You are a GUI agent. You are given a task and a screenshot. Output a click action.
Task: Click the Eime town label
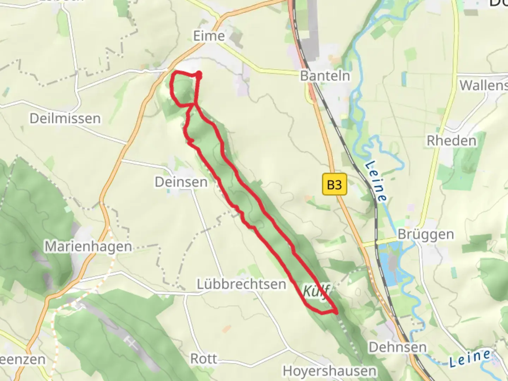coord(209,36)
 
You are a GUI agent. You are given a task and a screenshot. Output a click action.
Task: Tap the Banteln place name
coord(325,76)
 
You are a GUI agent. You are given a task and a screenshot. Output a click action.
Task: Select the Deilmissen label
coord(65,119)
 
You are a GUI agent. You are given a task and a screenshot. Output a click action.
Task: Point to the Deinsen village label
coord(181,182)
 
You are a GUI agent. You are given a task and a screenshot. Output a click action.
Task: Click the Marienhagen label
coord(88,246)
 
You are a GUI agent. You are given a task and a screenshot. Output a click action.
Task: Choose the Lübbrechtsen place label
coord(241,284)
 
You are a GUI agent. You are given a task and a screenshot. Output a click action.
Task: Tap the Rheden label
coord(451,141)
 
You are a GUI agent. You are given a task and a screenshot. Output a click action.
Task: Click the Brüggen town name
coord(425,234)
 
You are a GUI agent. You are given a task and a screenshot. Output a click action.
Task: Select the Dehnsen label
coord(398,347)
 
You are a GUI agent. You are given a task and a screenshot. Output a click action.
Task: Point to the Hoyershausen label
coord(329,371)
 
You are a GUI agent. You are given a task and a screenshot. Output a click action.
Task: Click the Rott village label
coord(204,359)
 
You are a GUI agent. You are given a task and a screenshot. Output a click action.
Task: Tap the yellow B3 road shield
coord(334,184)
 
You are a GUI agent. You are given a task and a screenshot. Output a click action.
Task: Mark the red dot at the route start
coord(199,74)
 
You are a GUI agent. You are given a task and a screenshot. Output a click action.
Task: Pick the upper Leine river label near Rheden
coord(376,181)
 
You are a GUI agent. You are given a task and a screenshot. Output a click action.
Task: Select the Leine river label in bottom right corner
coord(469,358)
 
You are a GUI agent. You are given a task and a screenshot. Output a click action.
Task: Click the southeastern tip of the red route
coord(337,312)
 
